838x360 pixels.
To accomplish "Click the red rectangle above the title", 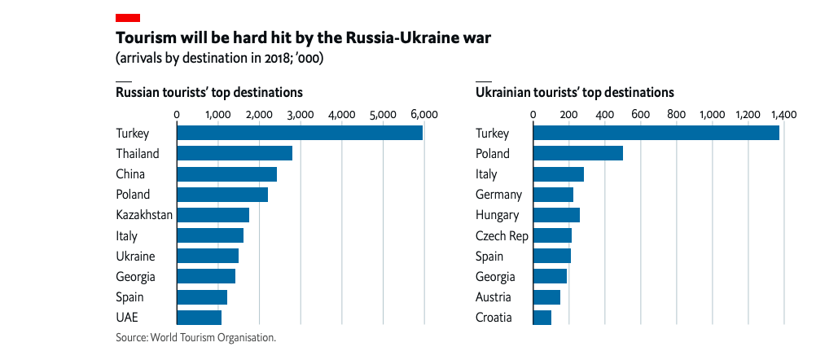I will [x=128, y=17].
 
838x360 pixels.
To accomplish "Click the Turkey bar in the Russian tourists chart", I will [x=299, y=134].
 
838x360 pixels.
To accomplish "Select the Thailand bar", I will [x=234, y=154].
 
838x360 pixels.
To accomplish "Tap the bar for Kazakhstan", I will [x=213, y=215].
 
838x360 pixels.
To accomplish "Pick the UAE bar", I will [x=199, y=318].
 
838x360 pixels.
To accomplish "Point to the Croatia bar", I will [x=542, y=318].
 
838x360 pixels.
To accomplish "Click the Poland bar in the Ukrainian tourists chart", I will [x=577, y=154].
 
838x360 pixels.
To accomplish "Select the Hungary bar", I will [x=555, y=215].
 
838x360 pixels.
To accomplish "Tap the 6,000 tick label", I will [x=423, y=114].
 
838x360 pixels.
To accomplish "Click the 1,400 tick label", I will [x=783, y=114].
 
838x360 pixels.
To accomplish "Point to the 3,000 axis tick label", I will [x=300, y=114].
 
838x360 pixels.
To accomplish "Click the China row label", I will [x=130, y=174].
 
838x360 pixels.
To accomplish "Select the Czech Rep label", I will [x=502, y=236].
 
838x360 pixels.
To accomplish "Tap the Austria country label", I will [x=494, y=297].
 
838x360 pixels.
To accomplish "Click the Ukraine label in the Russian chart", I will [x=136, y=257].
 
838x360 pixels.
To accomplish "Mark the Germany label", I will [x=498, y=195].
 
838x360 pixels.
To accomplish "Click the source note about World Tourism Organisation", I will [x=196, y=337].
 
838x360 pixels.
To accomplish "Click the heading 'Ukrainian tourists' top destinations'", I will [x=574, y=92].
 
